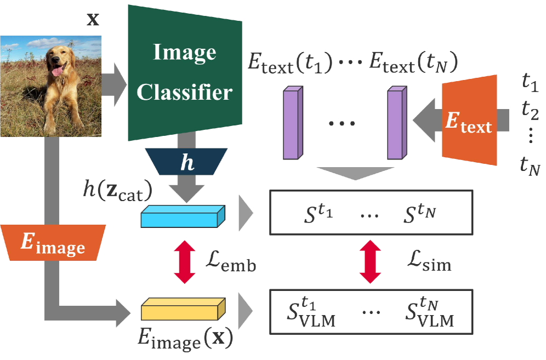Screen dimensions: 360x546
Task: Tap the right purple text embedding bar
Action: point(395,123)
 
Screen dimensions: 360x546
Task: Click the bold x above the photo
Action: point(94,20)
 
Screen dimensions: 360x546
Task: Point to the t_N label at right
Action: point(530,166)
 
